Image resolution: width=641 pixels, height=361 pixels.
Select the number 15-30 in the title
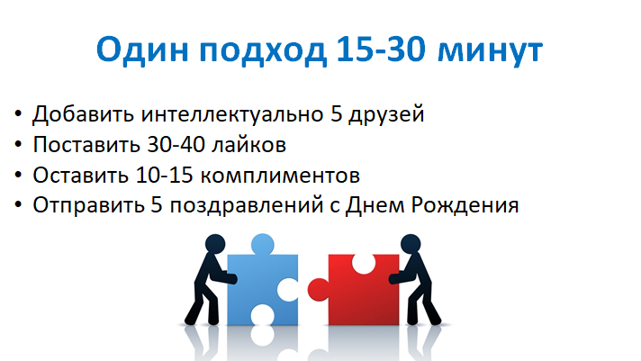pyautogui.click(x=381, y=49)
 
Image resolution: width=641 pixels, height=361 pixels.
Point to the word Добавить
pyautogui.click(x=83, y=114)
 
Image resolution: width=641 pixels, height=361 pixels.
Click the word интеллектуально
pyautogui.click(x=232, y=114)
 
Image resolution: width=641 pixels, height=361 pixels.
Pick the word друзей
pyautogui.click(x=386, y=114)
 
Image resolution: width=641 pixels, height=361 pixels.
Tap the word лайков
pyautogui.click(x=248, y=145)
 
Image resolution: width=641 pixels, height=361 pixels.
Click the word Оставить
pyautogui.click(x=80, y=175)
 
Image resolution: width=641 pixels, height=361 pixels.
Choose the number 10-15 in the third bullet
pyautogui.click(x=164, y=175)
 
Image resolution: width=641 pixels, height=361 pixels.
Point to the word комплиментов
pyautogui.click(x=281, y=176)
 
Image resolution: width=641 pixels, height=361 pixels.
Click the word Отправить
pyautogui.click(x=88, y=205)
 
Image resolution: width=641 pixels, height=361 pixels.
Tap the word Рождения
pyautogui.click(x=465, y=205)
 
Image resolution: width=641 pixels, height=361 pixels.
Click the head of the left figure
pyautogui.click(x=215, y=244)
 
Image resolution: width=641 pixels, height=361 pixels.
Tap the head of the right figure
pyautogui.click(x=411, y=244)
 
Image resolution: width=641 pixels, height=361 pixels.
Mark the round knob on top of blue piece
pyautogui.click(x=263, y=244)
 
